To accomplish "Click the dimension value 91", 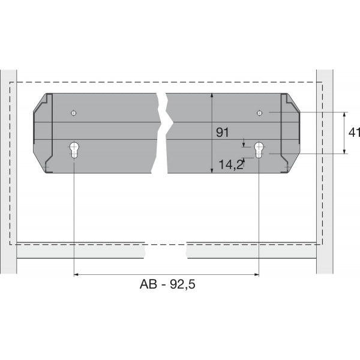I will pyautogui.click(x=223, y=133).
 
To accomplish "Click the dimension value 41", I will pyautogui.click(x=353, y=133).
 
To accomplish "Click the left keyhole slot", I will pyautogui.click(x=74, y=149).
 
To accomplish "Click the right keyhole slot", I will pyautogui.click(x=259, y=149).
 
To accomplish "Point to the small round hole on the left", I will pyautogui.click(x=73, y=112).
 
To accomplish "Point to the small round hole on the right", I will pyautogui.click(x=259, y=112).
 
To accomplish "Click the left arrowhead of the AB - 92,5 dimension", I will pyautogui.click(x=76, y=275).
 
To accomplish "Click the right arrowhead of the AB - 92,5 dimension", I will pyautogui.click(x=256, y=275).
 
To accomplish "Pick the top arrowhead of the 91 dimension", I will pyautogui.click(x=212, y=95).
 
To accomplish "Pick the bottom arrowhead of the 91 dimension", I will pyautogui.click(x=212, y=171).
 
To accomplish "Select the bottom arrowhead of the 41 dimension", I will pyautogui.click(x=344, y=152).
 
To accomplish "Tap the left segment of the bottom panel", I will pyautogui.click(x=81, y=250).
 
